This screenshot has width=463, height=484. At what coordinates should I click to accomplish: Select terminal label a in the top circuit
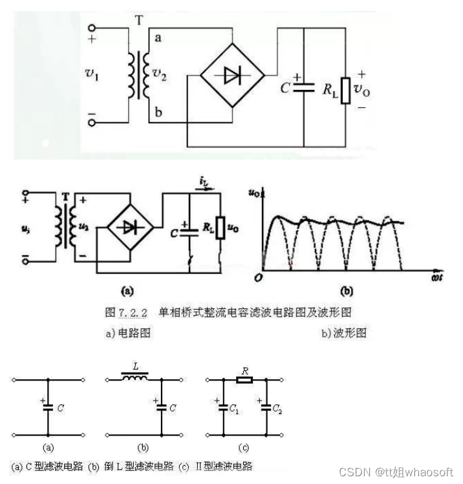point(158,39)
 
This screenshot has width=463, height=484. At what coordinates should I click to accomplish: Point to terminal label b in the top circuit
point(158,114)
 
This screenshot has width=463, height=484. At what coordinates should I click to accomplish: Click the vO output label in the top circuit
point(363,90)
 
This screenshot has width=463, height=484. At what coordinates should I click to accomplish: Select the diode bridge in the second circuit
point(130,227)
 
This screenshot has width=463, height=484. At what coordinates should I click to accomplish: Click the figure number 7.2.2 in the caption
point(133,312)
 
